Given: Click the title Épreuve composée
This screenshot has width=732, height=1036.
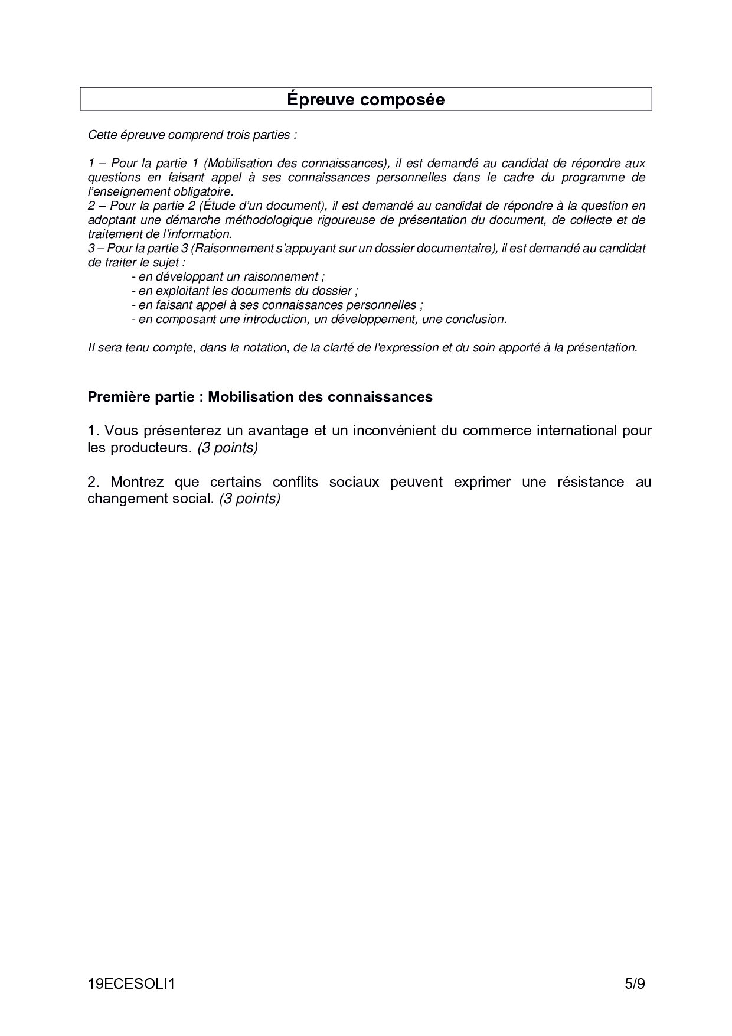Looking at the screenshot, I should (365, 99).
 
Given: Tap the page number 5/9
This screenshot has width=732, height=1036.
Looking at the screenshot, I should (635, 984).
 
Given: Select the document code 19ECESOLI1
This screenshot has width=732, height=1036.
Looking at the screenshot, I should (131, 984).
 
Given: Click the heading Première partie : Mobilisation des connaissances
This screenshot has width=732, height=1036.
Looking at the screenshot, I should (260, 397).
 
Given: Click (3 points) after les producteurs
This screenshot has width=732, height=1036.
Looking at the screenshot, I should (228, 448).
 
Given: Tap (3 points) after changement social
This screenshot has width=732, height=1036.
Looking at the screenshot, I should (249, 499).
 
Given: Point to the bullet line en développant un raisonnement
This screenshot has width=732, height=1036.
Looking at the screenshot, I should (228, 276).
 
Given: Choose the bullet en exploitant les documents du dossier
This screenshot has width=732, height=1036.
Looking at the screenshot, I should (245, 291).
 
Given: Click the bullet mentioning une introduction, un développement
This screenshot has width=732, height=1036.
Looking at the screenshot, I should (319, 319).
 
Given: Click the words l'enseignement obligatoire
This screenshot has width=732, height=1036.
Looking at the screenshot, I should (161, 191).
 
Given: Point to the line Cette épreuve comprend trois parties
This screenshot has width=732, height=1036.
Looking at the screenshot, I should (192, 135).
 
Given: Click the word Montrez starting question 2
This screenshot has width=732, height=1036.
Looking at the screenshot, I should (137, 482).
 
